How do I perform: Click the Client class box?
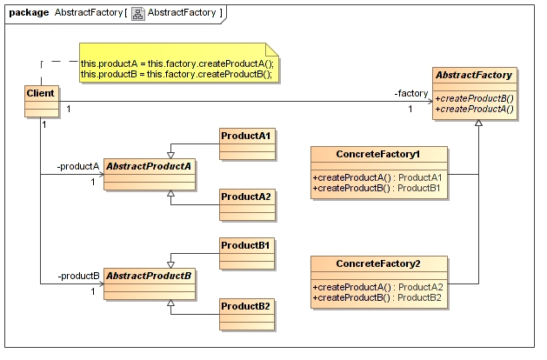tap(40, 102)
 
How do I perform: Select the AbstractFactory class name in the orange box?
tap(473, 75)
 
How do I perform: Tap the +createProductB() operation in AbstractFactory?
tap(475, 98)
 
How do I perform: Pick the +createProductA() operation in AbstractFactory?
tap(475, 109)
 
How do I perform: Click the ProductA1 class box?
tap(246, 144)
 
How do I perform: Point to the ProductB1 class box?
tap(246, 254)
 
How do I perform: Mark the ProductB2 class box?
tap(246, 315)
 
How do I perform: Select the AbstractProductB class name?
tap(149, 277)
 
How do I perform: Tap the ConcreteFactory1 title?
tap(378, 154)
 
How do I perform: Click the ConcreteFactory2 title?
tap(378, 263)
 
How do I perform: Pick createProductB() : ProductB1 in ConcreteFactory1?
tap(378, 188)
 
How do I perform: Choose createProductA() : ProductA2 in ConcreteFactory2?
tap(378, 287)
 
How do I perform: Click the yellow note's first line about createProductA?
tap(177, 63)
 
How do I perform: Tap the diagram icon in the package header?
tap(137, 13)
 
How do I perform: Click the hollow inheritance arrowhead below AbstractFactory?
tap(477, 123)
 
